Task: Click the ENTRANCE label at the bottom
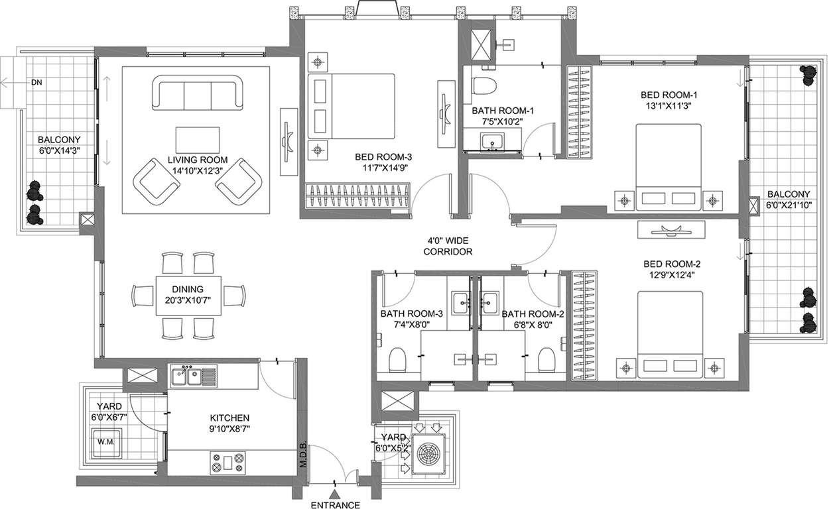pos(335,505)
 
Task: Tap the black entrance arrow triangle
pos(335,494)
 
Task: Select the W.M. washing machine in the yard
pos(106,443)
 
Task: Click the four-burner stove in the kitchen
pos(227,463)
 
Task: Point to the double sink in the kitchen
pos(194,376)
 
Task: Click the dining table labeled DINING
pos(188,296)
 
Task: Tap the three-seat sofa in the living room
pos(198,93)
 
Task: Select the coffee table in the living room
pos(198,140)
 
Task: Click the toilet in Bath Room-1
pos(483,85)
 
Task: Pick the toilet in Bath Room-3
pos(397,359)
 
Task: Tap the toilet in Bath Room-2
pos(546,359)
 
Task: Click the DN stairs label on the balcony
pos(36,82)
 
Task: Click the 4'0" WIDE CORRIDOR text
pos(448,246)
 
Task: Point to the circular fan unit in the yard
pos(428,453)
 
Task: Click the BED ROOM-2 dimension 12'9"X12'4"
pos(672,275)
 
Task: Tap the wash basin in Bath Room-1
pos(492,142)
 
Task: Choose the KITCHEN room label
pos(229,418)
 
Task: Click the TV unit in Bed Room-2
pos(671,229)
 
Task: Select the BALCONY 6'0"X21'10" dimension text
pos(789,205)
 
